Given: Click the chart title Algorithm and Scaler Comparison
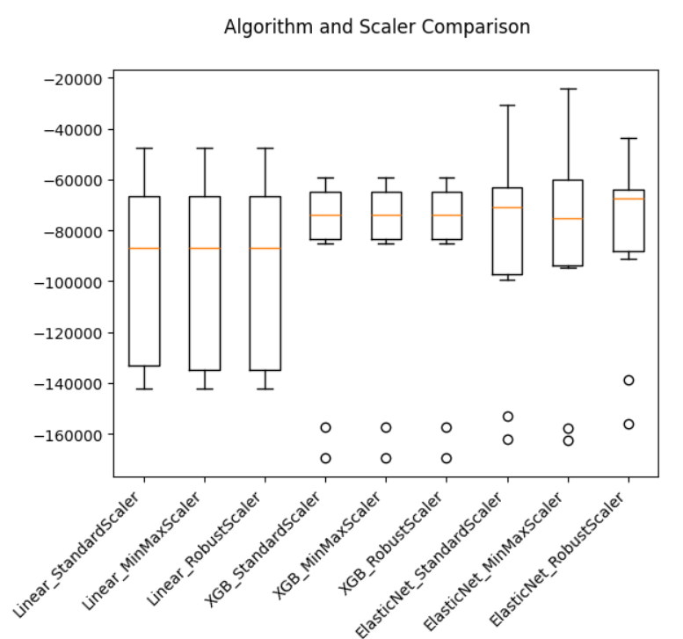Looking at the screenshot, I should (x=377, y=27).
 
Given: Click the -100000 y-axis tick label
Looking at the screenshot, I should (x=70, y=282).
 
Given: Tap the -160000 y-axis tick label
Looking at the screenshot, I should (x=70, y=435).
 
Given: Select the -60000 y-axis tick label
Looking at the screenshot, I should (x=73, y=180).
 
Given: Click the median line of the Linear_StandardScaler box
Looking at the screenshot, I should (x=144, y=249).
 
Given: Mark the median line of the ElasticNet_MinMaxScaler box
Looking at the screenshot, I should (x=568, y=218).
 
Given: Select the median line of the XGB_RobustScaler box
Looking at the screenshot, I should (x=447, y=215).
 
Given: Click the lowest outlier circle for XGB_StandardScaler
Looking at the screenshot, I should (x=325, y=458).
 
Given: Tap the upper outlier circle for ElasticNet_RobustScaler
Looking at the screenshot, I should (x=629, y=380).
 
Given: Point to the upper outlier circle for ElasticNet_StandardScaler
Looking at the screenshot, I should (x=507, y=417).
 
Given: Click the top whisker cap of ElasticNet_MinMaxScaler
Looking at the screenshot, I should (x=568, y=89).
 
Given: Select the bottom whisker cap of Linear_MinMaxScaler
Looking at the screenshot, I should (x=205, y=388).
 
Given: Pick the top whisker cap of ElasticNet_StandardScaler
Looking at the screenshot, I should (x=507, y=105).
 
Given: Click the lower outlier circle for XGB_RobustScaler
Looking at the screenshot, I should (x=447, y=458).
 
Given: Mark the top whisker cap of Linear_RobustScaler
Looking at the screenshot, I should (x=265, y=149).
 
